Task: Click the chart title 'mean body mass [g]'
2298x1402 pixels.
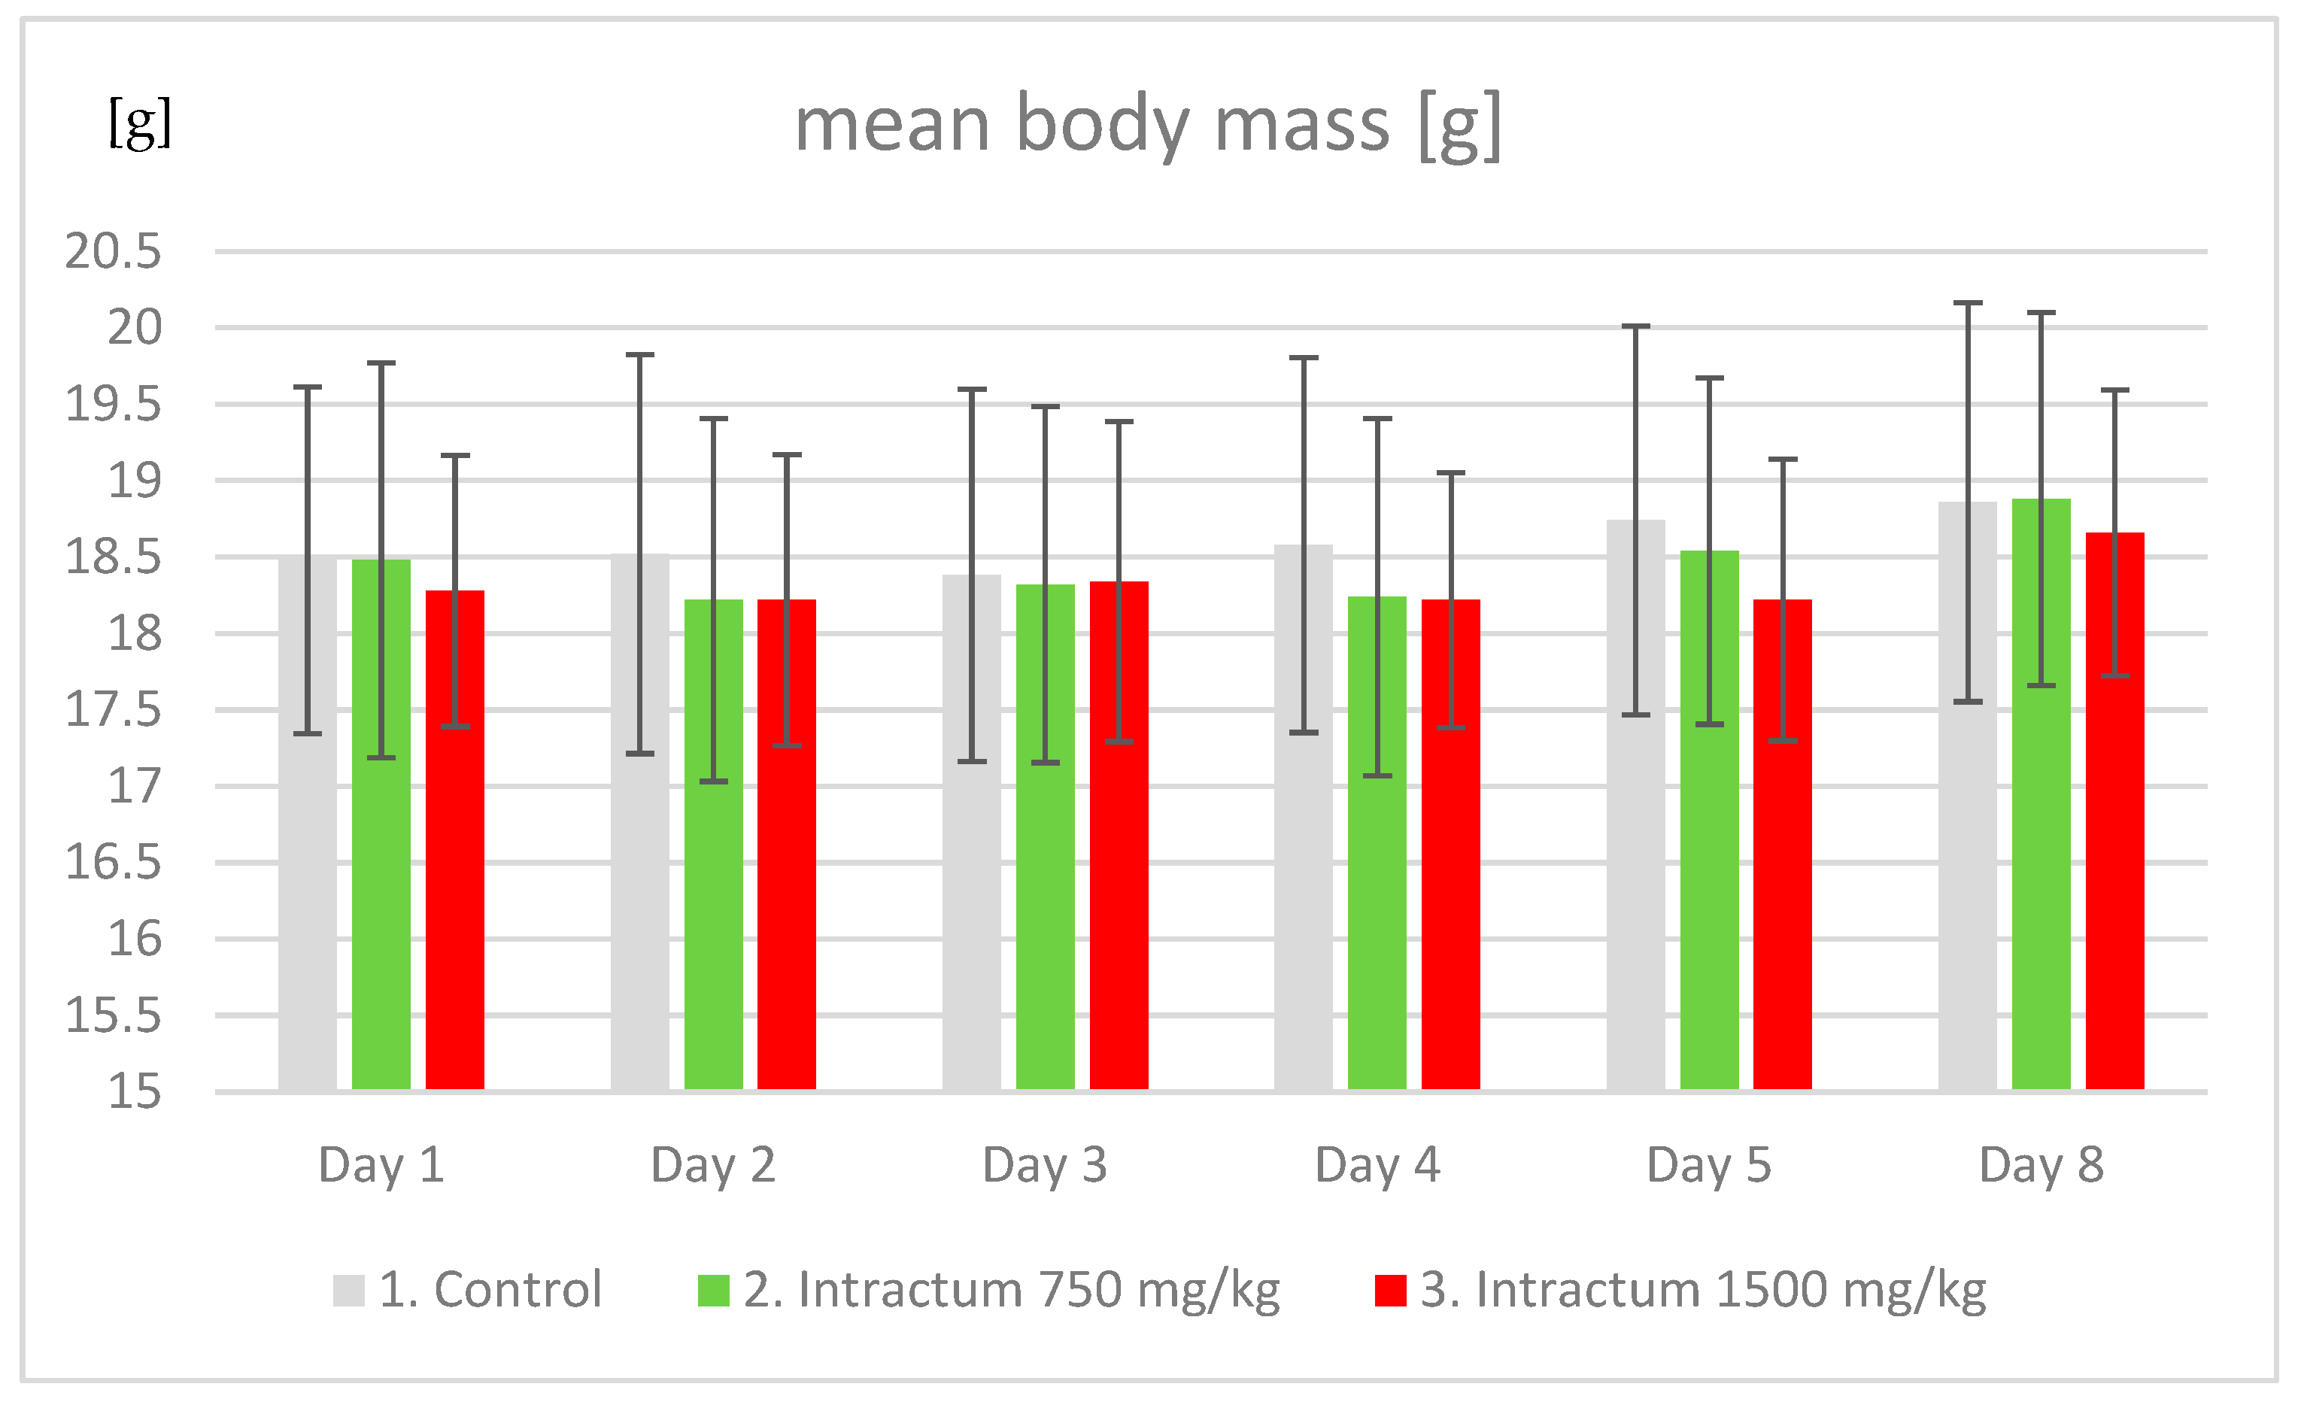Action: point(1147,126)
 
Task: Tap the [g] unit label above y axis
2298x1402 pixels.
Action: point(140,123)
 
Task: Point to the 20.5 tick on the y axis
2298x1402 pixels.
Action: point(113,252)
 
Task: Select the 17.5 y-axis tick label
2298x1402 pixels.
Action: point(113,711)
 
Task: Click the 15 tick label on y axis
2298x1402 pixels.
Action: point(135,1092)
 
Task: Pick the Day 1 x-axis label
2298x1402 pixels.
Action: point(381,1165)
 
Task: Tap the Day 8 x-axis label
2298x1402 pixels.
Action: point(2041,1165)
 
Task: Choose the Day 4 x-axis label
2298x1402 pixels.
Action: point(1377,1165)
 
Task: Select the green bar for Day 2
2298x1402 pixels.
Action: point(713,886)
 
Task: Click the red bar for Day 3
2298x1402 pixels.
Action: point(1119,886)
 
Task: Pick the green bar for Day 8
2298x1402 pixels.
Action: point(2041,886)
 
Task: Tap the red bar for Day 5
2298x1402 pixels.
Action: point(1782,886)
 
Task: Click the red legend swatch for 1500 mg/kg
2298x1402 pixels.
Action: point(1389,1291)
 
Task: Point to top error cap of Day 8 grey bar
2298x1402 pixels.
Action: point(1968,303)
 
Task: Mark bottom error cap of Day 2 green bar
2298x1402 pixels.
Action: point(713,781)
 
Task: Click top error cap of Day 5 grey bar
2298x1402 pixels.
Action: point(1636,326)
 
